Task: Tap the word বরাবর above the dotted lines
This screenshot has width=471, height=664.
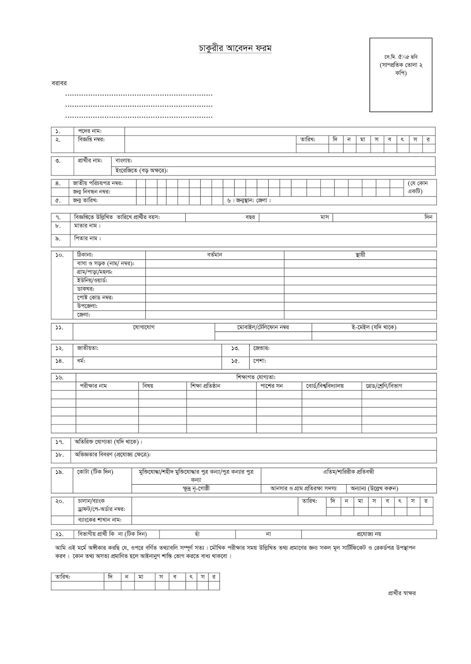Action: [59, 83]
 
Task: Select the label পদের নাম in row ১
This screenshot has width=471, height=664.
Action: [90, 131]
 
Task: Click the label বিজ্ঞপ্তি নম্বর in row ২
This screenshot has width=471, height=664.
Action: [91, 139]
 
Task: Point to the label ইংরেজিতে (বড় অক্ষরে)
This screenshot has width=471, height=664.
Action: [142, 171]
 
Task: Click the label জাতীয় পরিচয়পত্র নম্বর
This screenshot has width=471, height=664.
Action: [98, 183]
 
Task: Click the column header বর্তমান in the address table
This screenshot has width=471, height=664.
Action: [215, 255]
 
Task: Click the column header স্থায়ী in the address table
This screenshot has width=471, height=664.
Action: [360, 255]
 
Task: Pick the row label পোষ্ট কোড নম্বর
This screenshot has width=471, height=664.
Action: [95, 298]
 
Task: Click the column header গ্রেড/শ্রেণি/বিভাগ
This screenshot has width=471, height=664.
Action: [384, 386]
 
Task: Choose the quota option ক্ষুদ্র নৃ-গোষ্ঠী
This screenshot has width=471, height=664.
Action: [196, 489]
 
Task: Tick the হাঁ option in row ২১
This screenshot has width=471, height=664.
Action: [197, 534]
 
